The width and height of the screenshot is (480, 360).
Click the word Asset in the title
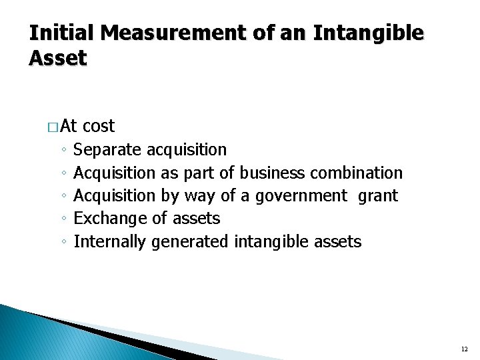click(x=58, y=58)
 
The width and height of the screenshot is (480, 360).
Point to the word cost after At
click(x=99, y=126)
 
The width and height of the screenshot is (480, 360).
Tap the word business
click(x=271, y=173)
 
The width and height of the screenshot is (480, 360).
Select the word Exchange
click(x=109, y=219)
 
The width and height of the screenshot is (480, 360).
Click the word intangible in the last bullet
click(x=267, y=241)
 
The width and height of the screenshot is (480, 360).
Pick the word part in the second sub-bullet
click(x=198, y=173)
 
